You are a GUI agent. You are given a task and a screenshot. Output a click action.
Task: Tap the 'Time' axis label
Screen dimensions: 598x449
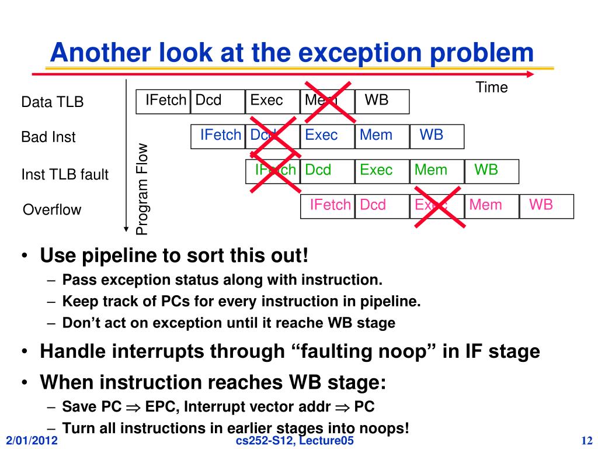tap(492, 88)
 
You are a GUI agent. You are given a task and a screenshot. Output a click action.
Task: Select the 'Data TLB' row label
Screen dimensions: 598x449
tap(53, 102)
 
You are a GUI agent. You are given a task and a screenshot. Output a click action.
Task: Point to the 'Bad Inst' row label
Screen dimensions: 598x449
tap(48, 137)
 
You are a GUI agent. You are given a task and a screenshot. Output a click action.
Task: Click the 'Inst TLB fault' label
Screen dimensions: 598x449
tap(65, 174)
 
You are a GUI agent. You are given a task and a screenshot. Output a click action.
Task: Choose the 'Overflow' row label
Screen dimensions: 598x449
tap(52, 210)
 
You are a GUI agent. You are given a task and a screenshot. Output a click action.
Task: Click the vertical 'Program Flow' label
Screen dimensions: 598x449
tap(142, 189)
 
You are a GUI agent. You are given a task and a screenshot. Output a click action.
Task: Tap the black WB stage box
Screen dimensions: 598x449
tap(382, 101)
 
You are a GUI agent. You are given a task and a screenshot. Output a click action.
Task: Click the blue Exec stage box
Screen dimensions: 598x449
tap(327, 136)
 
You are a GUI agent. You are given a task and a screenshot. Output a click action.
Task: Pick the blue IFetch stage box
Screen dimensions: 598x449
tap(218, 136)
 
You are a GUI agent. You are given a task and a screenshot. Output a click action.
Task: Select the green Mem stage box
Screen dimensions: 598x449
tap(437, 171)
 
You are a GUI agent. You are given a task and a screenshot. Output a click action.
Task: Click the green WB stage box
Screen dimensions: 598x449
tap(491, 171)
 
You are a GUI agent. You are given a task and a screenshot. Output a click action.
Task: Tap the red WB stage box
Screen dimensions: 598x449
tap(546, 206)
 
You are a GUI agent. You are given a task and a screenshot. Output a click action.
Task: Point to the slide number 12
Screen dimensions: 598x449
tap(587, 441)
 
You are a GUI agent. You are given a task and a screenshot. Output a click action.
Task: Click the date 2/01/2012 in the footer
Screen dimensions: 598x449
tap(32, 441)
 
